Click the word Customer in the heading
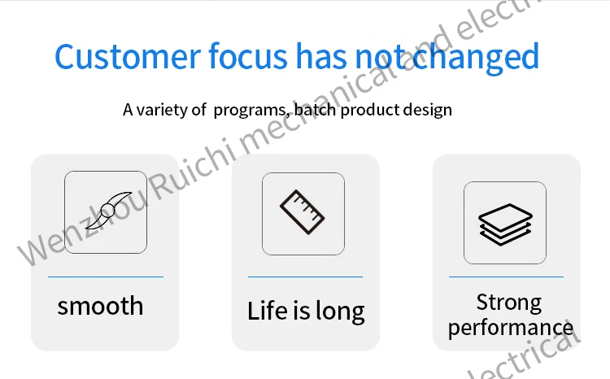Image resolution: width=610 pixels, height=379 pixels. pos(128,56)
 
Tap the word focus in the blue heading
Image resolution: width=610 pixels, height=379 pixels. pos(248,55)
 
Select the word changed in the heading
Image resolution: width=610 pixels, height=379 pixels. pos(476,58)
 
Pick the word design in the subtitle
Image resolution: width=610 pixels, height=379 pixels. pos(428,110)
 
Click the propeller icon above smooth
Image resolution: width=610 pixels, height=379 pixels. pos(109,211)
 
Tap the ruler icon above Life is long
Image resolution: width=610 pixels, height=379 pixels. pos(303,212)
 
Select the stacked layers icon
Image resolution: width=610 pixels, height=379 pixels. pos(505,224)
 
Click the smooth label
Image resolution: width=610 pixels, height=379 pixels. pos(100,306)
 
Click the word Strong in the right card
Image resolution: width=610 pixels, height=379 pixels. pos(509,303)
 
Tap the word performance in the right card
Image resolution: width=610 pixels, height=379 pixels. pos(511,328)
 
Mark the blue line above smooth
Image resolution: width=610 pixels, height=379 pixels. pos(106,277)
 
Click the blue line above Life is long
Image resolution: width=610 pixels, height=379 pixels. pos(305,277)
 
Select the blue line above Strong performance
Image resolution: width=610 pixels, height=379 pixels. pos(506,277)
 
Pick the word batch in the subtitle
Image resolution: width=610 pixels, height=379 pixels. pos(315,110)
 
